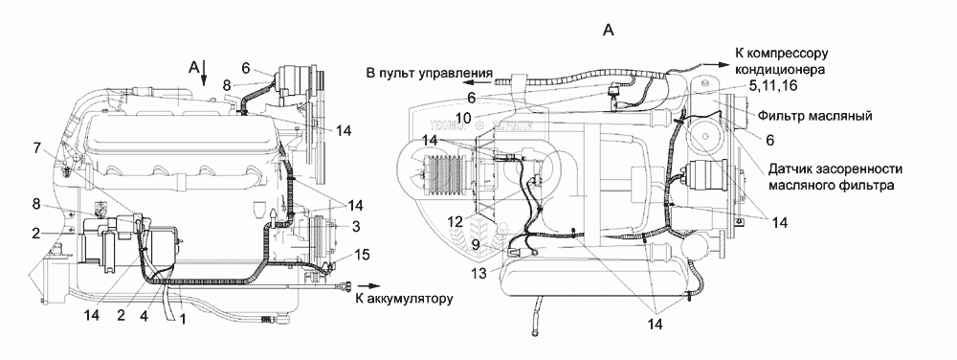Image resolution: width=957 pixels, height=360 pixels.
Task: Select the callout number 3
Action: tap(356, 226)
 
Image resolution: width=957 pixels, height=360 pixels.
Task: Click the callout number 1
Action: tap(181, 319)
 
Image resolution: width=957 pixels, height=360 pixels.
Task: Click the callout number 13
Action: tap(479, 274)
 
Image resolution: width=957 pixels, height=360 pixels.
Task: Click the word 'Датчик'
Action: tap(792, 169)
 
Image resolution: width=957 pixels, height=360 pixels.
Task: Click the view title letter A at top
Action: tap(608, 30)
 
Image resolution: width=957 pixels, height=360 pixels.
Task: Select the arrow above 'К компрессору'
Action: tap(714, 63)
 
